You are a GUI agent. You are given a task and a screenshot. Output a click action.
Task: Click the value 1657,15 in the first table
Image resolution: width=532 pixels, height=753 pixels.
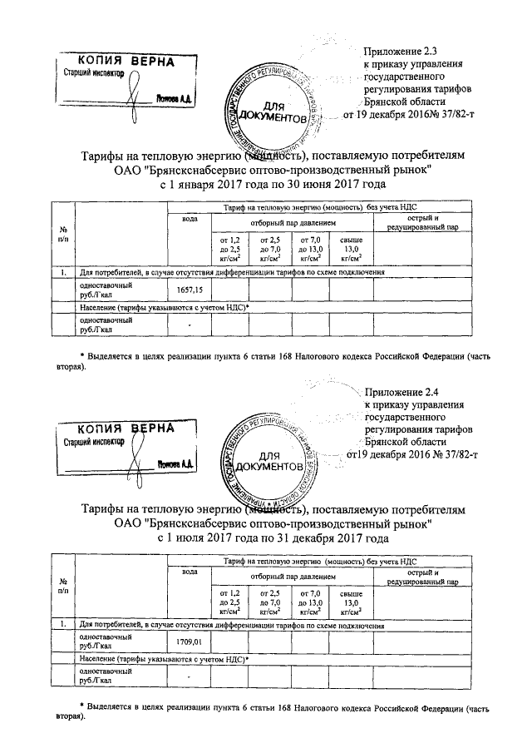pos(190,290)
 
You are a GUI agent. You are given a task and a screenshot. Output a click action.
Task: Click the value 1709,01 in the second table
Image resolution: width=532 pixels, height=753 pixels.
pos(190,642)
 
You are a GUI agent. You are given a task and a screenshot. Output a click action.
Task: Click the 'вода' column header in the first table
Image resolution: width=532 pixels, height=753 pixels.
pos(190,219)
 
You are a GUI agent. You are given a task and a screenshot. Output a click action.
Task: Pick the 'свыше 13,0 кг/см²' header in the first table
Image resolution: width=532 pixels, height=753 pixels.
pos(352,248)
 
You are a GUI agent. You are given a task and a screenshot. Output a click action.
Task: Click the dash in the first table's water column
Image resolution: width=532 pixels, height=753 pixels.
pos(190,324)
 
